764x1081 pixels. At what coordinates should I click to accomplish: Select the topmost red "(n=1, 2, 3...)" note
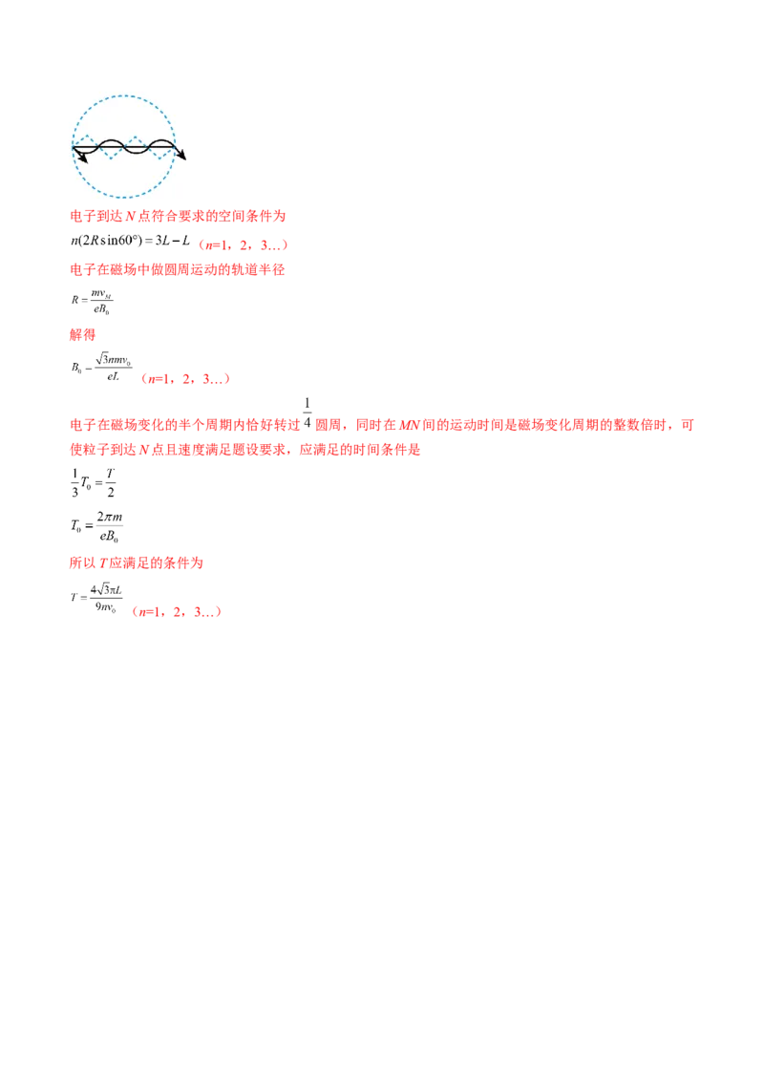click(x=243, y=245)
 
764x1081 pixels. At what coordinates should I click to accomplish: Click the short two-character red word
click(x=83, y=335)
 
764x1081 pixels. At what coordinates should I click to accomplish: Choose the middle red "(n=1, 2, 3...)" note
click(x=184, y=380)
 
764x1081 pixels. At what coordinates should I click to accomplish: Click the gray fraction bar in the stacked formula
click(x=111, y=521)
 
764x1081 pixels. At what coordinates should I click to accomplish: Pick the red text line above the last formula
click(x=137, y=564)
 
